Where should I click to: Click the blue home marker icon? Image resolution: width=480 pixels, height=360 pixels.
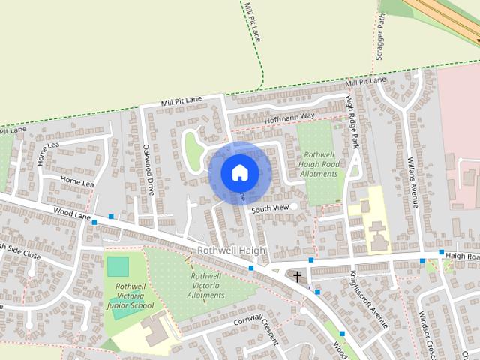tap(239, 172)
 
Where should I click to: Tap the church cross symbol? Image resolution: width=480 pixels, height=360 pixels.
tap(298, 277)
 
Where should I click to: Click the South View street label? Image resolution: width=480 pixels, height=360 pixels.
tap(270, 208)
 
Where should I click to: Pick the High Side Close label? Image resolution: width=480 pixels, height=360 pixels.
tap(20, 250)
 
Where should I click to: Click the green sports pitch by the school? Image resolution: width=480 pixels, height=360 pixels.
tap(118, 266)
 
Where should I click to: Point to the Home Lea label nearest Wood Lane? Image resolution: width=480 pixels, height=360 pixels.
tap(77, 182)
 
